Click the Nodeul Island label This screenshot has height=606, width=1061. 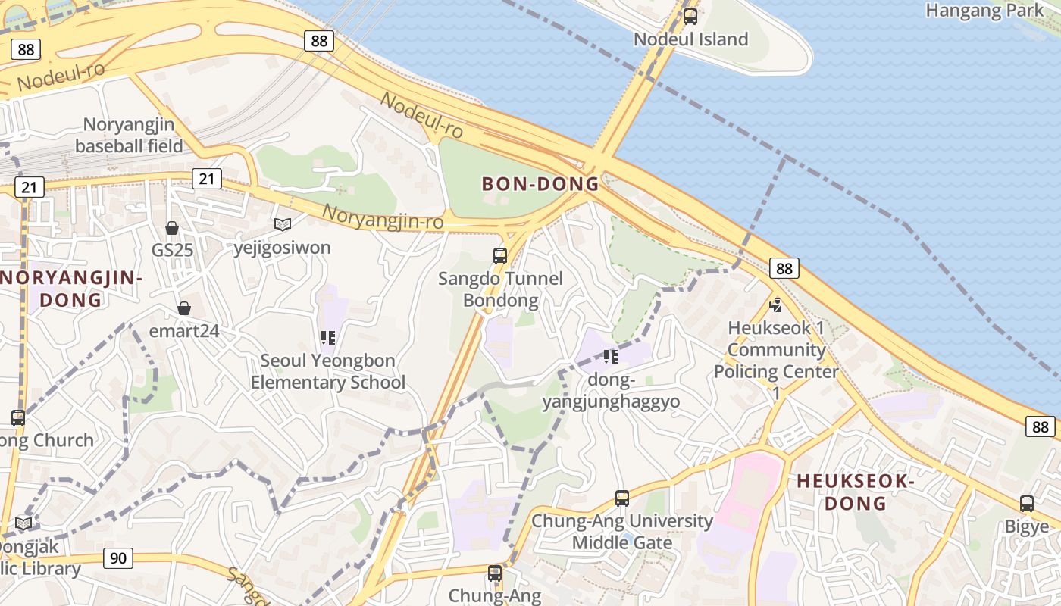690,39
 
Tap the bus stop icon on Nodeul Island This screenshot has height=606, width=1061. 690,16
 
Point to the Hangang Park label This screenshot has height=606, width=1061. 984,11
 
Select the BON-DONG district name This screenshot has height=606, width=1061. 540,184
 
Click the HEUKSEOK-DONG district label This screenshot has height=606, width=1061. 856,492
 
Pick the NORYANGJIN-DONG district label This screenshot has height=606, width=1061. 71,289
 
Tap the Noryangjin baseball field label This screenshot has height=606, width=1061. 129,135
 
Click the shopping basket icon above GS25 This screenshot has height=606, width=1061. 172,228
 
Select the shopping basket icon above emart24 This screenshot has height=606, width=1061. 183,308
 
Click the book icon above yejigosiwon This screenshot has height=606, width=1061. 283,224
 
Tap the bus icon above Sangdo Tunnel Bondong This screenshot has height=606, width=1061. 500,255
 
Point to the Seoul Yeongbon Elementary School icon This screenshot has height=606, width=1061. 327,338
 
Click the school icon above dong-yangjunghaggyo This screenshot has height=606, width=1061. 611,356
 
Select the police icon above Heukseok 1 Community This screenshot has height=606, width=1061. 775,305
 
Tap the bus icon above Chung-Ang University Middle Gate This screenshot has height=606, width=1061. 622,498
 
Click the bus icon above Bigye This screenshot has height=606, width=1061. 1027,503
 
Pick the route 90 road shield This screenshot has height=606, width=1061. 118,558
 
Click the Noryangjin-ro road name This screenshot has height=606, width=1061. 382,217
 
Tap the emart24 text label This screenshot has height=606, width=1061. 184,331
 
